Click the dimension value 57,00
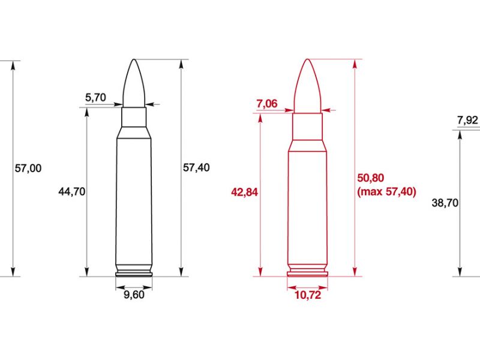28,168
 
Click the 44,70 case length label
72,191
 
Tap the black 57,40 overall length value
196,168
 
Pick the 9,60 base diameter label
134,295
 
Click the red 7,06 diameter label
266,104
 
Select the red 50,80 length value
370,178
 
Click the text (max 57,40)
386,192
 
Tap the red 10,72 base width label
307,295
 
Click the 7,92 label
467,120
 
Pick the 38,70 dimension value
445,203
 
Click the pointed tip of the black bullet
134,60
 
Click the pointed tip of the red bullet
307,60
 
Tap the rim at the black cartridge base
134,275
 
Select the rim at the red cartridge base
307,275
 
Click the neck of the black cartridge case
134,117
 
